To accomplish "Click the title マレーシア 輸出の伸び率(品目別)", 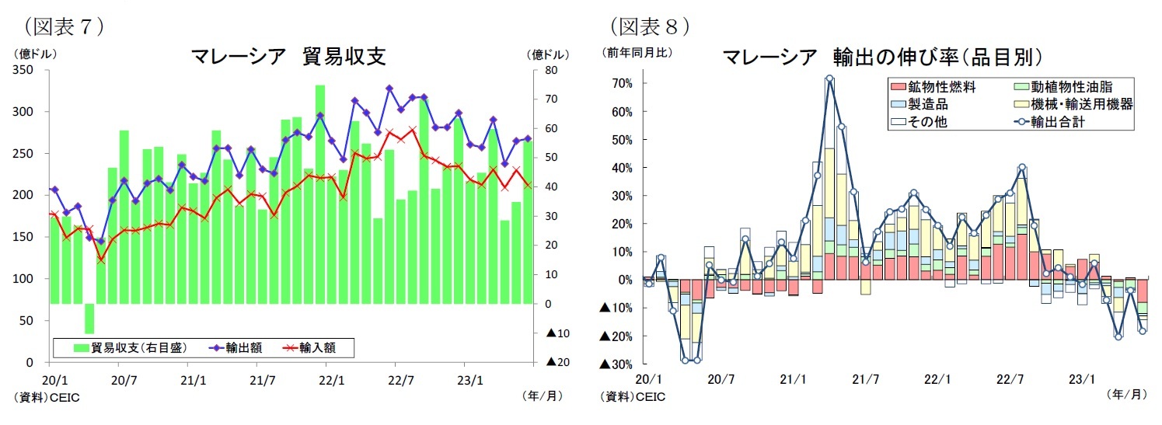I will coord(881,57).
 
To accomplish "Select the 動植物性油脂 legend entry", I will coord(1071,86).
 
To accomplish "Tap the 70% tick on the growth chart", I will coord(622,83).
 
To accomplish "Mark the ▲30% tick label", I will coord(618,364).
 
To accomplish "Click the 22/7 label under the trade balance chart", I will coord(395,381).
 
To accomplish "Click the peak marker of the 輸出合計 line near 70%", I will coord(829,78).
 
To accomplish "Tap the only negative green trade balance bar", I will coord(89,319).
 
